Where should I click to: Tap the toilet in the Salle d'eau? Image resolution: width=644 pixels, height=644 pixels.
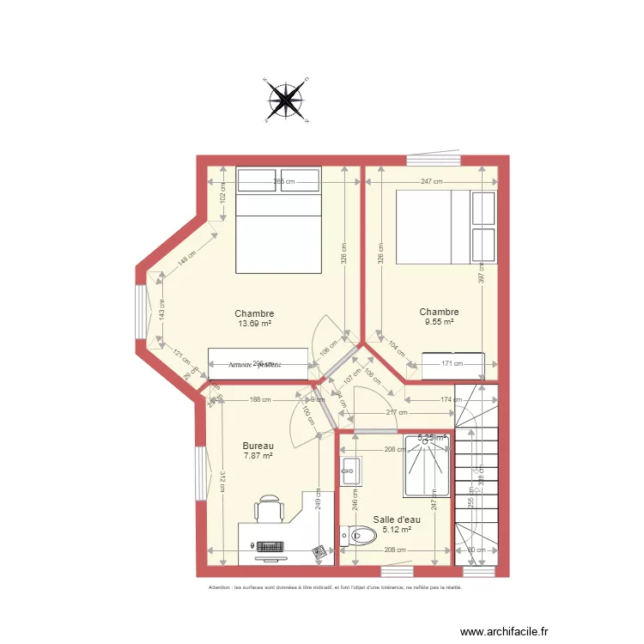[359, 538]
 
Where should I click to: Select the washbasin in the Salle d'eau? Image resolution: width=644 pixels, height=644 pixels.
[351, 468]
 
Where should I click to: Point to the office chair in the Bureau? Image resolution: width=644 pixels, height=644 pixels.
[269, 508]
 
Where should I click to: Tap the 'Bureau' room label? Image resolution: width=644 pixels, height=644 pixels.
[258, 446]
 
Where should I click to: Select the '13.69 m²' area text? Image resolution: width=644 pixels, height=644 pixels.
[255, 324]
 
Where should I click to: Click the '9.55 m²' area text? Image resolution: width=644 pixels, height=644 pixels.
[439, 322]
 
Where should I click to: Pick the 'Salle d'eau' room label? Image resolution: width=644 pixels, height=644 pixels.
[397, 519]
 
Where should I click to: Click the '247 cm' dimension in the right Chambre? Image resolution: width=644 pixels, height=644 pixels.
[432, 182]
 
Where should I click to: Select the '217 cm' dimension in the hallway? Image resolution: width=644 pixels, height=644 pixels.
[396, 413]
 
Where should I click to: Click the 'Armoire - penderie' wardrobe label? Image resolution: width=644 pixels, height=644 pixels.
[255, 364]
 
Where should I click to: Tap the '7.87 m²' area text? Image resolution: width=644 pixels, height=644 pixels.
[258, 456]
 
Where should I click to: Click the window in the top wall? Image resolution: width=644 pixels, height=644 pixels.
[434, 160]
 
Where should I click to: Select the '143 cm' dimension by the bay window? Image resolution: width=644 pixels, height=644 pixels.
[161, 307]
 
